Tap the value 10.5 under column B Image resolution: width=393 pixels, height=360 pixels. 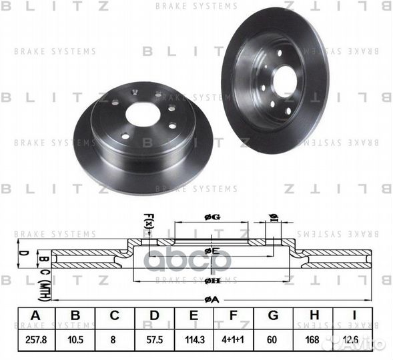tap(75, 339)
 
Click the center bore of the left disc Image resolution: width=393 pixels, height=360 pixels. tap(143, 113)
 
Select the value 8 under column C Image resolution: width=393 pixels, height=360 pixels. tap(115, 339)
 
